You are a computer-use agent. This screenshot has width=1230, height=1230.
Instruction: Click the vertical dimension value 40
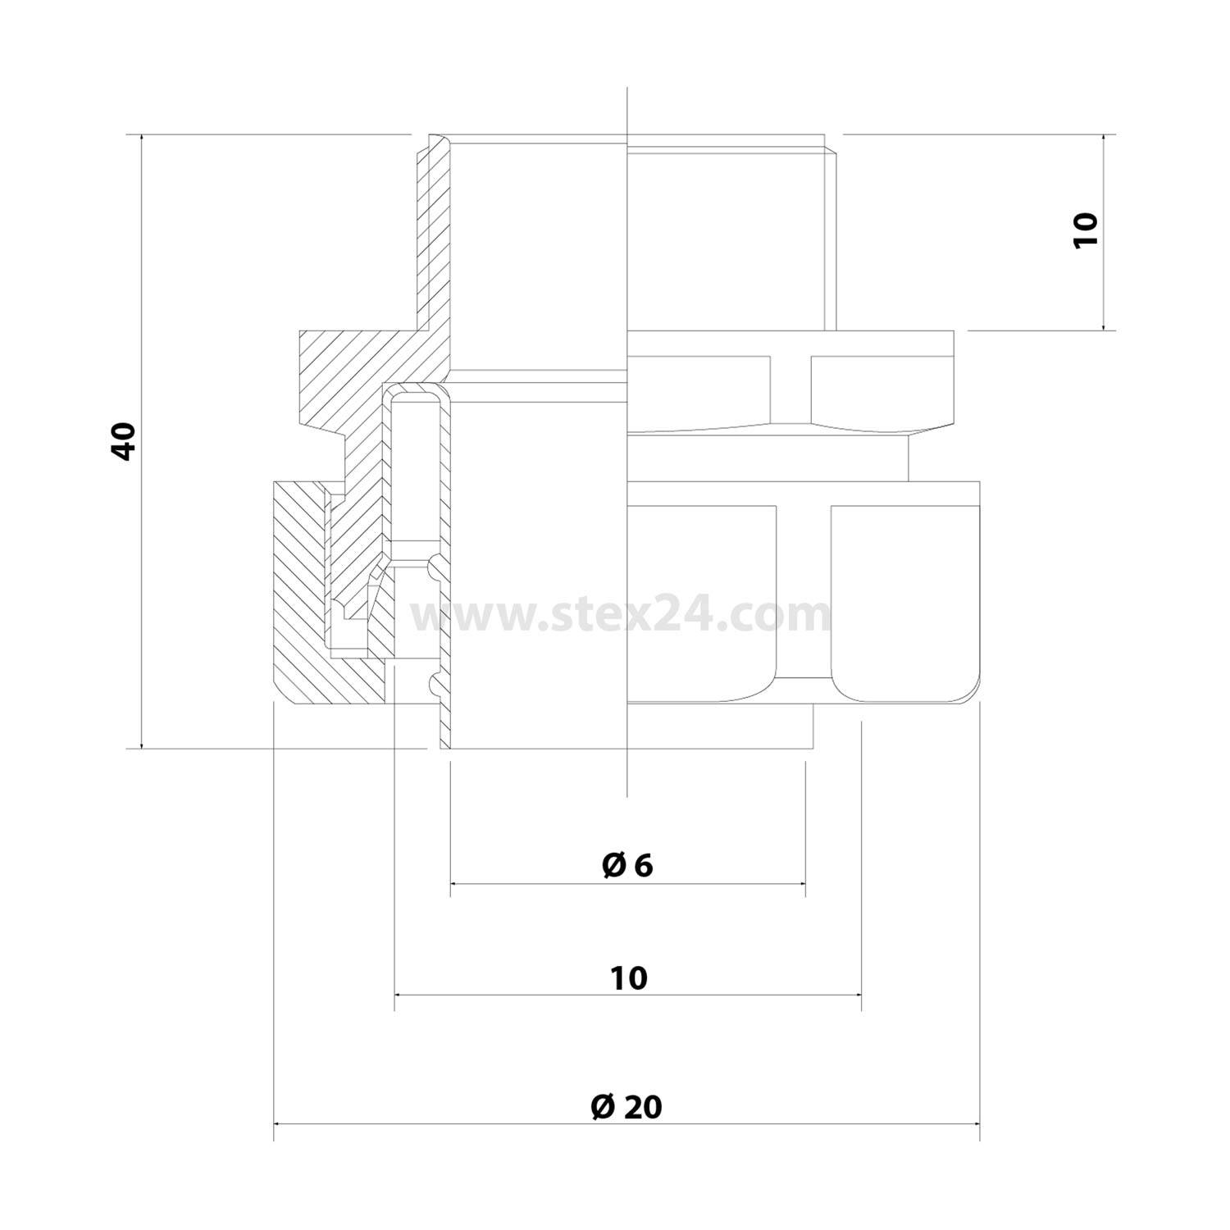[x=125, y=441]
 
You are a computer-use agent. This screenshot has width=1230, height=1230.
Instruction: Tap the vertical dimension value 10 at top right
[x=1085, y=230]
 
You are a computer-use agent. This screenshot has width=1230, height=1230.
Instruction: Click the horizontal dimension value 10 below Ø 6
[x=629, y=977]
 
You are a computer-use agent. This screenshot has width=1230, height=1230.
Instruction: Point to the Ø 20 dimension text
[x=626, y=1107]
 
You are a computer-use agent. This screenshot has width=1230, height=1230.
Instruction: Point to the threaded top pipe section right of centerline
[x=730, y=238]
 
